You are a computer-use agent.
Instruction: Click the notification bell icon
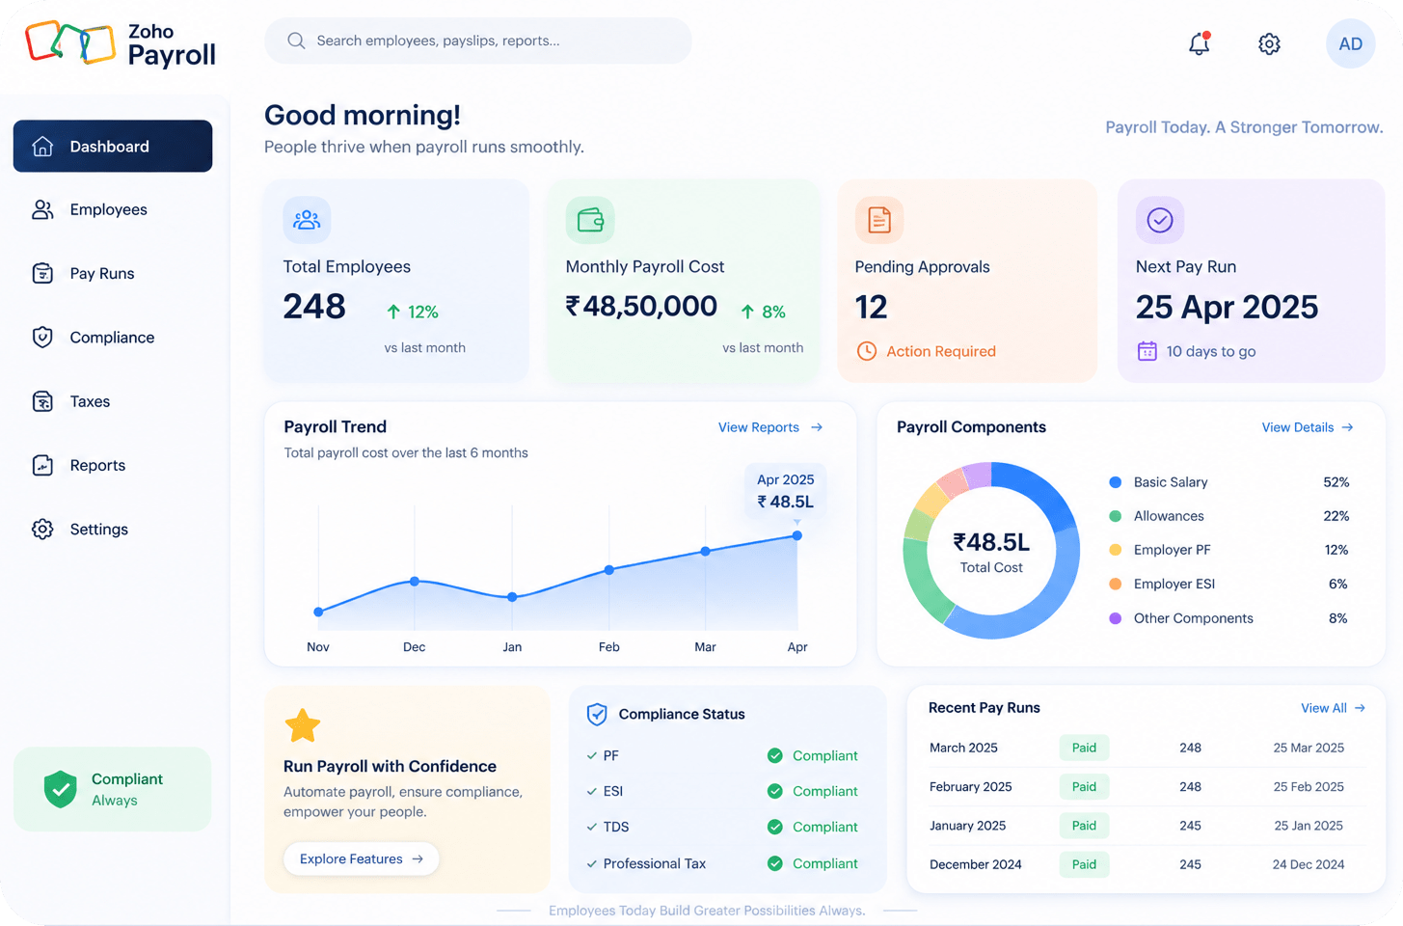pyautogui.click(x=1199, y=43)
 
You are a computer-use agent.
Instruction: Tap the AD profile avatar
pyautogui.click(x=1350, y=43)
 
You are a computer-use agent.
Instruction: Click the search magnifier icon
pyautogui.click(x=296, y=41)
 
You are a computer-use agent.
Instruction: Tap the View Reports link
pyautogui.click(x=769, y=427)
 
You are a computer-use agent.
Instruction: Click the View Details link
pyautogui.click(x=1308, y=427)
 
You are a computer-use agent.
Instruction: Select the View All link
pyautogui.click(x=1333, y=708)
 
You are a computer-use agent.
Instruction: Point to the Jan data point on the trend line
pyautogui.click(x=512, y=597)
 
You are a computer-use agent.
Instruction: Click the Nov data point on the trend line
pyautogui.click(x=318, y=612)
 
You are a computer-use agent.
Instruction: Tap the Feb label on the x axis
pyautogui.click(x=608, y=646)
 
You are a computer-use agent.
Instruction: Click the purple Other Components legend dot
pyautogui.click(x=1115, y=618)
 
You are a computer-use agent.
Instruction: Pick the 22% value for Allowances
pyautogui.click(x=1336, y=516)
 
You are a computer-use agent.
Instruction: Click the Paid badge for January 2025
pyautogui.click(x=1084, y=826)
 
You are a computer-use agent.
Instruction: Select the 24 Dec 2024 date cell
pyautogui.click(x=1309, y=864)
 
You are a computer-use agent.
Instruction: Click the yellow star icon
pyautogui.click(x=303, y=725)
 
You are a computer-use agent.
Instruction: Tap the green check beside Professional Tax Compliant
pyautogui.click(x=774, y=863)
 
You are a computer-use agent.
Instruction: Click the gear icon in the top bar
pyautogui.click(x=1269, y=43)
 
